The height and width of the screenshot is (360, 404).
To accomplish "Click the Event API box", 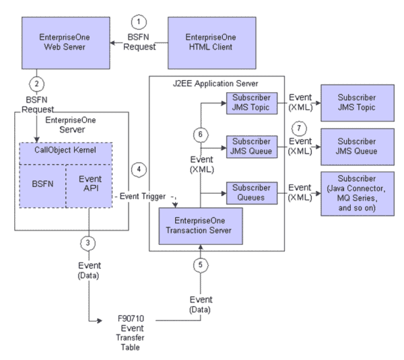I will (90, 181).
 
